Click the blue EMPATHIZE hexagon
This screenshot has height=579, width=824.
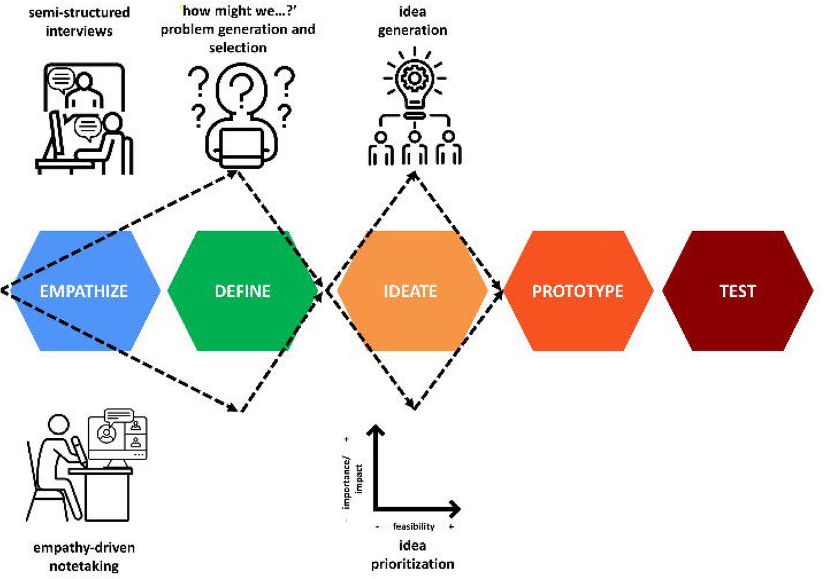pos(84,291)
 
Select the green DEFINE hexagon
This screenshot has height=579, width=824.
pos(243,291)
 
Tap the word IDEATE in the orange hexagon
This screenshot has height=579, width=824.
pos(410,291)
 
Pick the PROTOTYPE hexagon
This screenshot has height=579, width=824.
pos(578,291)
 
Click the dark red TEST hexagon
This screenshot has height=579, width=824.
pos(738,291)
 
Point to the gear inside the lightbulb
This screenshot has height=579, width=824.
pos(415,78)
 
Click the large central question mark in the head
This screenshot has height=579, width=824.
pos(241,87)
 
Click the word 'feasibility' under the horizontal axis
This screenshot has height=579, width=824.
pos(414,526)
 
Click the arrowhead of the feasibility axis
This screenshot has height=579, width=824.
pos(454,509)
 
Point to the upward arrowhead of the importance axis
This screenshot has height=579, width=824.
pos(375,430)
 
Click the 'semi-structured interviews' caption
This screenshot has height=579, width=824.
pos(79,21)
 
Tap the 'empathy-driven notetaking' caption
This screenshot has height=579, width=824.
pos(84,556)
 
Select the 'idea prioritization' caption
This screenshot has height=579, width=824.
pos(413,555)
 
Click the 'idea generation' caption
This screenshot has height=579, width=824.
pos(413,21)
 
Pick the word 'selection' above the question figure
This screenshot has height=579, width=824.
pos(238,48)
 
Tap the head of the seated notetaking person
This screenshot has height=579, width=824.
pos(59,425)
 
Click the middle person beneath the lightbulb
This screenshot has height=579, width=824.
pos(415,148)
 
